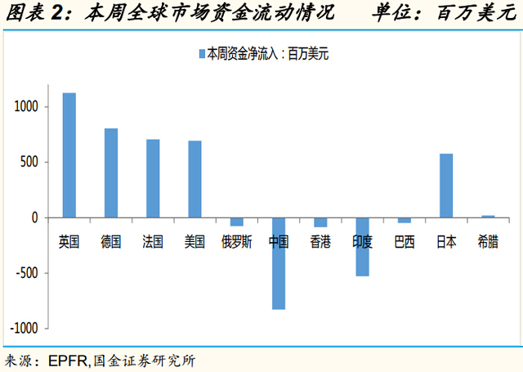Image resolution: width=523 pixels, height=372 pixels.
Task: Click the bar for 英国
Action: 69,155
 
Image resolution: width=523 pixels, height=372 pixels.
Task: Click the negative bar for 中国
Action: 279,263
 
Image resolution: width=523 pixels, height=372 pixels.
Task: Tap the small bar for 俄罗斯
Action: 237,222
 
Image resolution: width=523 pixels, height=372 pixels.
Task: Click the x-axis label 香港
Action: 320,242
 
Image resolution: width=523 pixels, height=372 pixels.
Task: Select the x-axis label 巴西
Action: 404,242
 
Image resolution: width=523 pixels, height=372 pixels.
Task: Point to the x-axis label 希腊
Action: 487,242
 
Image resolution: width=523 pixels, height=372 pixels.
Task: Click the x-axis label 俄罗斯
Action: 237,242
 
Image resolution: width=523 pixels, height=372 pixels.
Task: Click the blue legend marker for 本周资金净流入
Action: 200,55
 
